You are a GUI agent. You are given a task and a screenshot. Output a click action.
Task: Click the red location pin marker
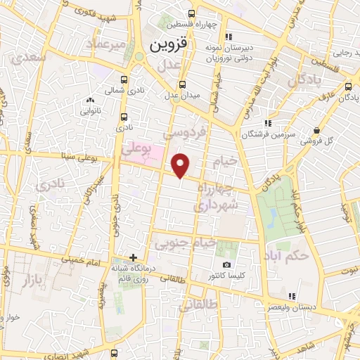coord(181,165)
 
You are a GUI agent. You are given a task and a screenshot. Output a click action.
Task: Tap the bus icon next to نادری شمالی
coord(124,79)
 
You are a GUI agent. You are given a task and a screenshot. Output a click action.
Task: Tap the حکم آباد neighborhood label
coord(287,255)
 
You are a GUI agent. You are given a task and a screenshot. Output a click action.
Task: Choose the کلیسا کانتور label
coord(226,276)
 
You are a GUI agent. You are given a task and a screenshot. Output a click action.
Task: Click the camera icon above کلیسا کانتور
coord(226,265)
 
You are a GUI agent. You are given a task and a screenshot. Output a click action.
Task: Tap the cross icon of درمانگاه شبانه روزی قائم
coord(133,257)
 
